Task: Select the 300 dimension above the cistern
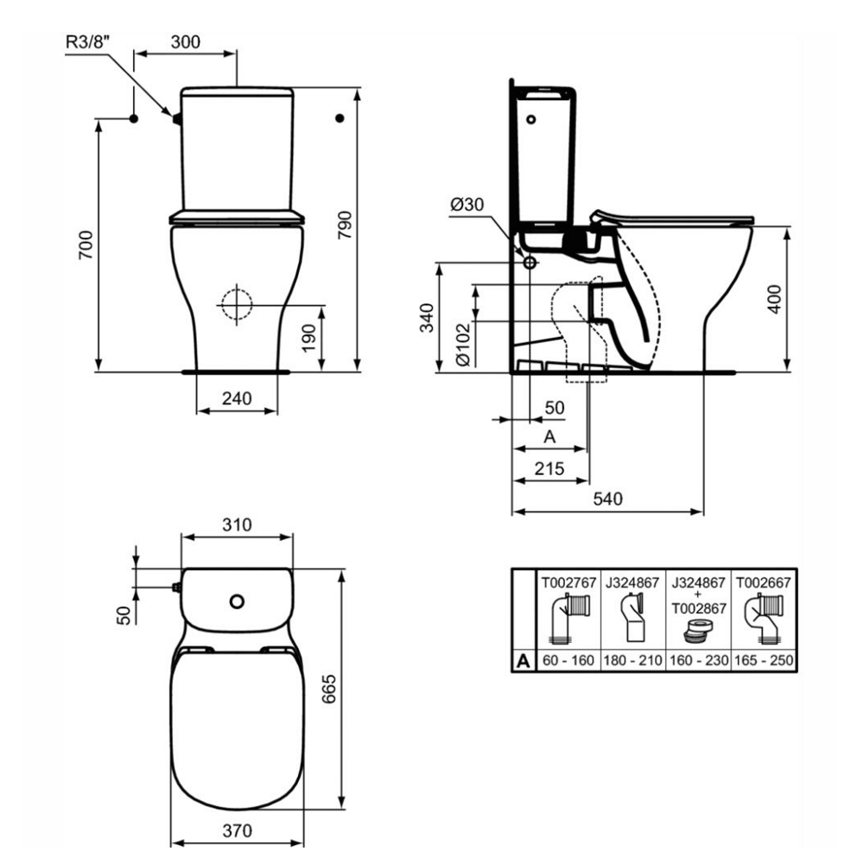click(186, 41)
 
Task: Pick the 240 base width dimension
click(237, 398)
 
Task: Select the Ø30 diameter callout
click(467, 205)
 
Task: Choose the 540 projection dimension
click(607, 500)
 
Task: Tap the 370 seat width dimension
click(237, 830)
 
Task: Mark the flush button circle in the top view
click(236, 599)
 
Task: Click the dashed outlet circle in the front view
click(235, 304)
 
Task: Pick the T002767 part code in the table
click(568, 582)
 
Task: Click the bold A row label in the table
click(523, 662)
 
